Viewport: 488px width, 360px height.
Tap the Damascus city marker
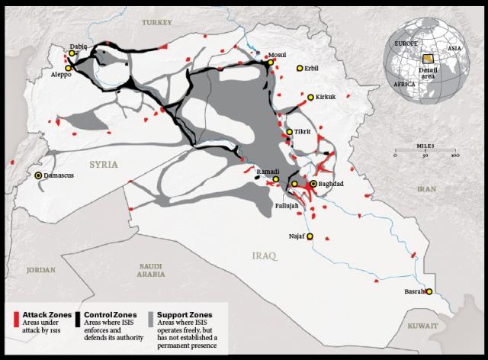[x=39, y=175]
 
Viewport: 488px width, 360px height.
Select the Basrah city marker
[x=430, y=291]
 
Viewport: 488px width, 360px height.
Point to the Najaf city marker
[x=310, y=236]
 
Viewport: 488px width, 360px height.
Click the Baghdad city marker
[x=313, y=184]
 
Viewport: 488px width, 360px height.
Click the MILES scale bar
[x=425, y=155]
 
